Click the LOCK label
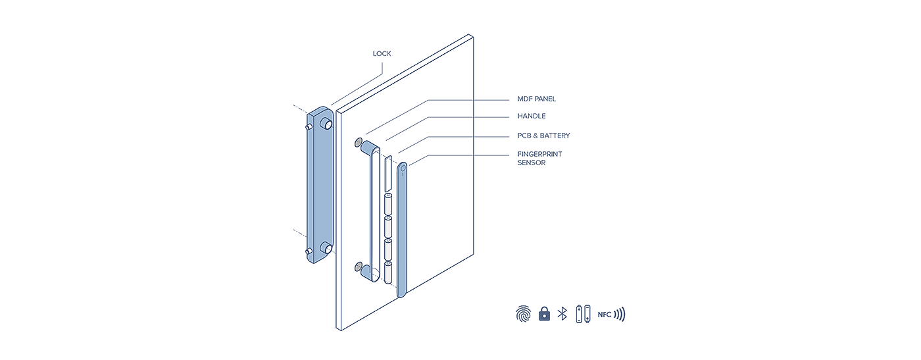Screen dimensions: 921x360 point(382,53)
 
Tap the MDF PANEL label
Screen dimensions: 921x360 point(536,99)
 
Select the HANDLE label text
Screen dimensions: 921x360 point(532,116)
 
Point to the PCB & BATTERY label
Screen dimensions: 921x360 point(543,136)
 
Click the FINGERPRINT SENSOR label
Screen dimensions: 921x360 point(539,159)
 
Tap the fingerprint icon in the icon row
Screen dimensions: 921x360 point(524,315)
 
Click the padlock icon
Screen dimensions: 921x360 point(544,314)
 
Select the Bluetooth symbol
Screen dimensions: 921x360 point(562,314)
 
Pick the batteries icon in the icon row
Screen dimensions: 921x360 point(583,314)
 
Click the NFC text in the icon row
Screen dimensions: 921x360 point(605,315)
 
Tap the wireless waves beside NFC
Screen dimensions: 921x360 point(619,315)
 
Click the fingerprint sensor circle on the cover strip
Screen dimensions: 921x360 point(403,168)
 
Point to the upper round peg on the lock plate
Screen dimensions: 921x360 point(327,123)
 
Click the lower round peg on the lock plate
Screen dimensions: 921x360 point(327,248)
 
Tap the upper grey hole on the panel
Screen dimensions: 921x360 point(358,142)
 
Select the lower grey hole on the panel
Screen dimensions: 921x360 point(358,266)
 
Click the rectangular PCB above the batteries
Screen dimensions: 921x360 point(388,174)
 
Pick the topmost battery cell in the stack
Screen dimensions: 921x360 point(388,204)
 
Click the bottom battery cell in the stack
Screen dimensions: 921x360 point(388,272)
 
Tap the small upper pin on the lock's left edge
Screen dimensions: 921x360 point(309,127)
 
